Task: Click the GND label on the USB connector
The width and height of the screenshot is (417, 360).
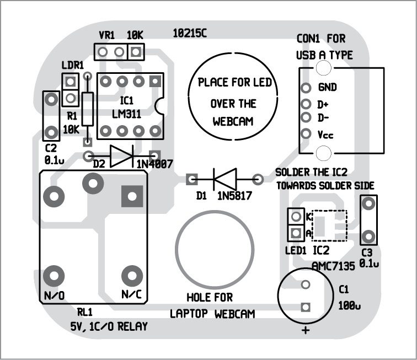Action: point(327,88)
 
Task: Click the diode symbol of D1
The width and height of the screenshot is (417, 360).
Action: point(224,179)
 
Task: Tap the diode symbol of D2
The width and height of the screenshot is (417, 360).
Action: point(120,157)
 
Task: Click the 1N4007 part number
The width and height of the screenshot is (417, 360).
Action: point(152,164)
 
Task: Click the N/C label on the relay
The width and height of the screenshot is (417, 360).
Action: point(131,295)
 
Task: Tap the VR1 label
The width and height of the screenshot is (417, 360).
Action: point(106,35)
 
